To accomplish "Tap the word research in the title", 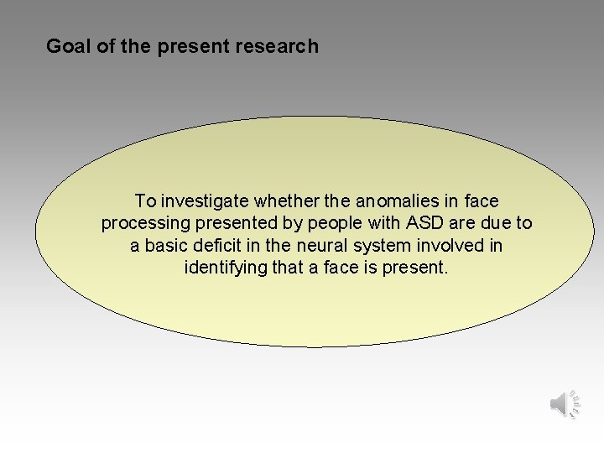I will (280, 46).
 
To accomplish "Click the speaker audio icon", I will (565, 404).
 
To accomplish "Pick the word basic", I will (167, 247).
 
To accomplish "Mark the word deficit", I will (221, 247).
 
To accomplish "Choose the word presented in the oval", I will (231, 224).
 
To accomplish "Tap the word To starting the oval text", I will (145, 201).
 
